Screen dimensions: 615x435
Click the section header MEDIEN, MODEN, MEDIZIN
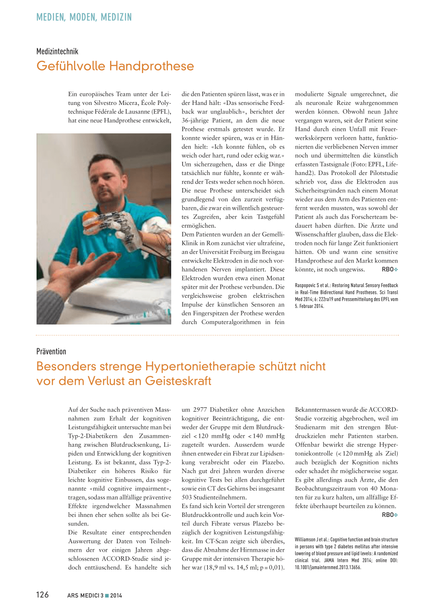84,17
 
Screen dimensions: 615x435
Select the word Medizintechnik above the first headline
57,51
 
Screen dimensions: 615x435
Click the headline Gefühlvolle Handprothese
115,66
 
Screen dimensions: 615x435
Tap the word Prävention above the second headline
51,351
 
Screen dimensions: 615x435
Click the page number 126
42,595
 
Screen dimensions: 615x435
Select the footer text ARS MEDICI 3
85,595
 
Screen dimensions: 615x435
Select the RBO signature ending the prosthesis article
388,269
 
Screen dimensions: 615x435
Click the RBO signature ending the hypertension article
388,515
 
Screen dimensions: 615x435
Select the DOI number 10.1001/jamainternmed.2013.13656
328,567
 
